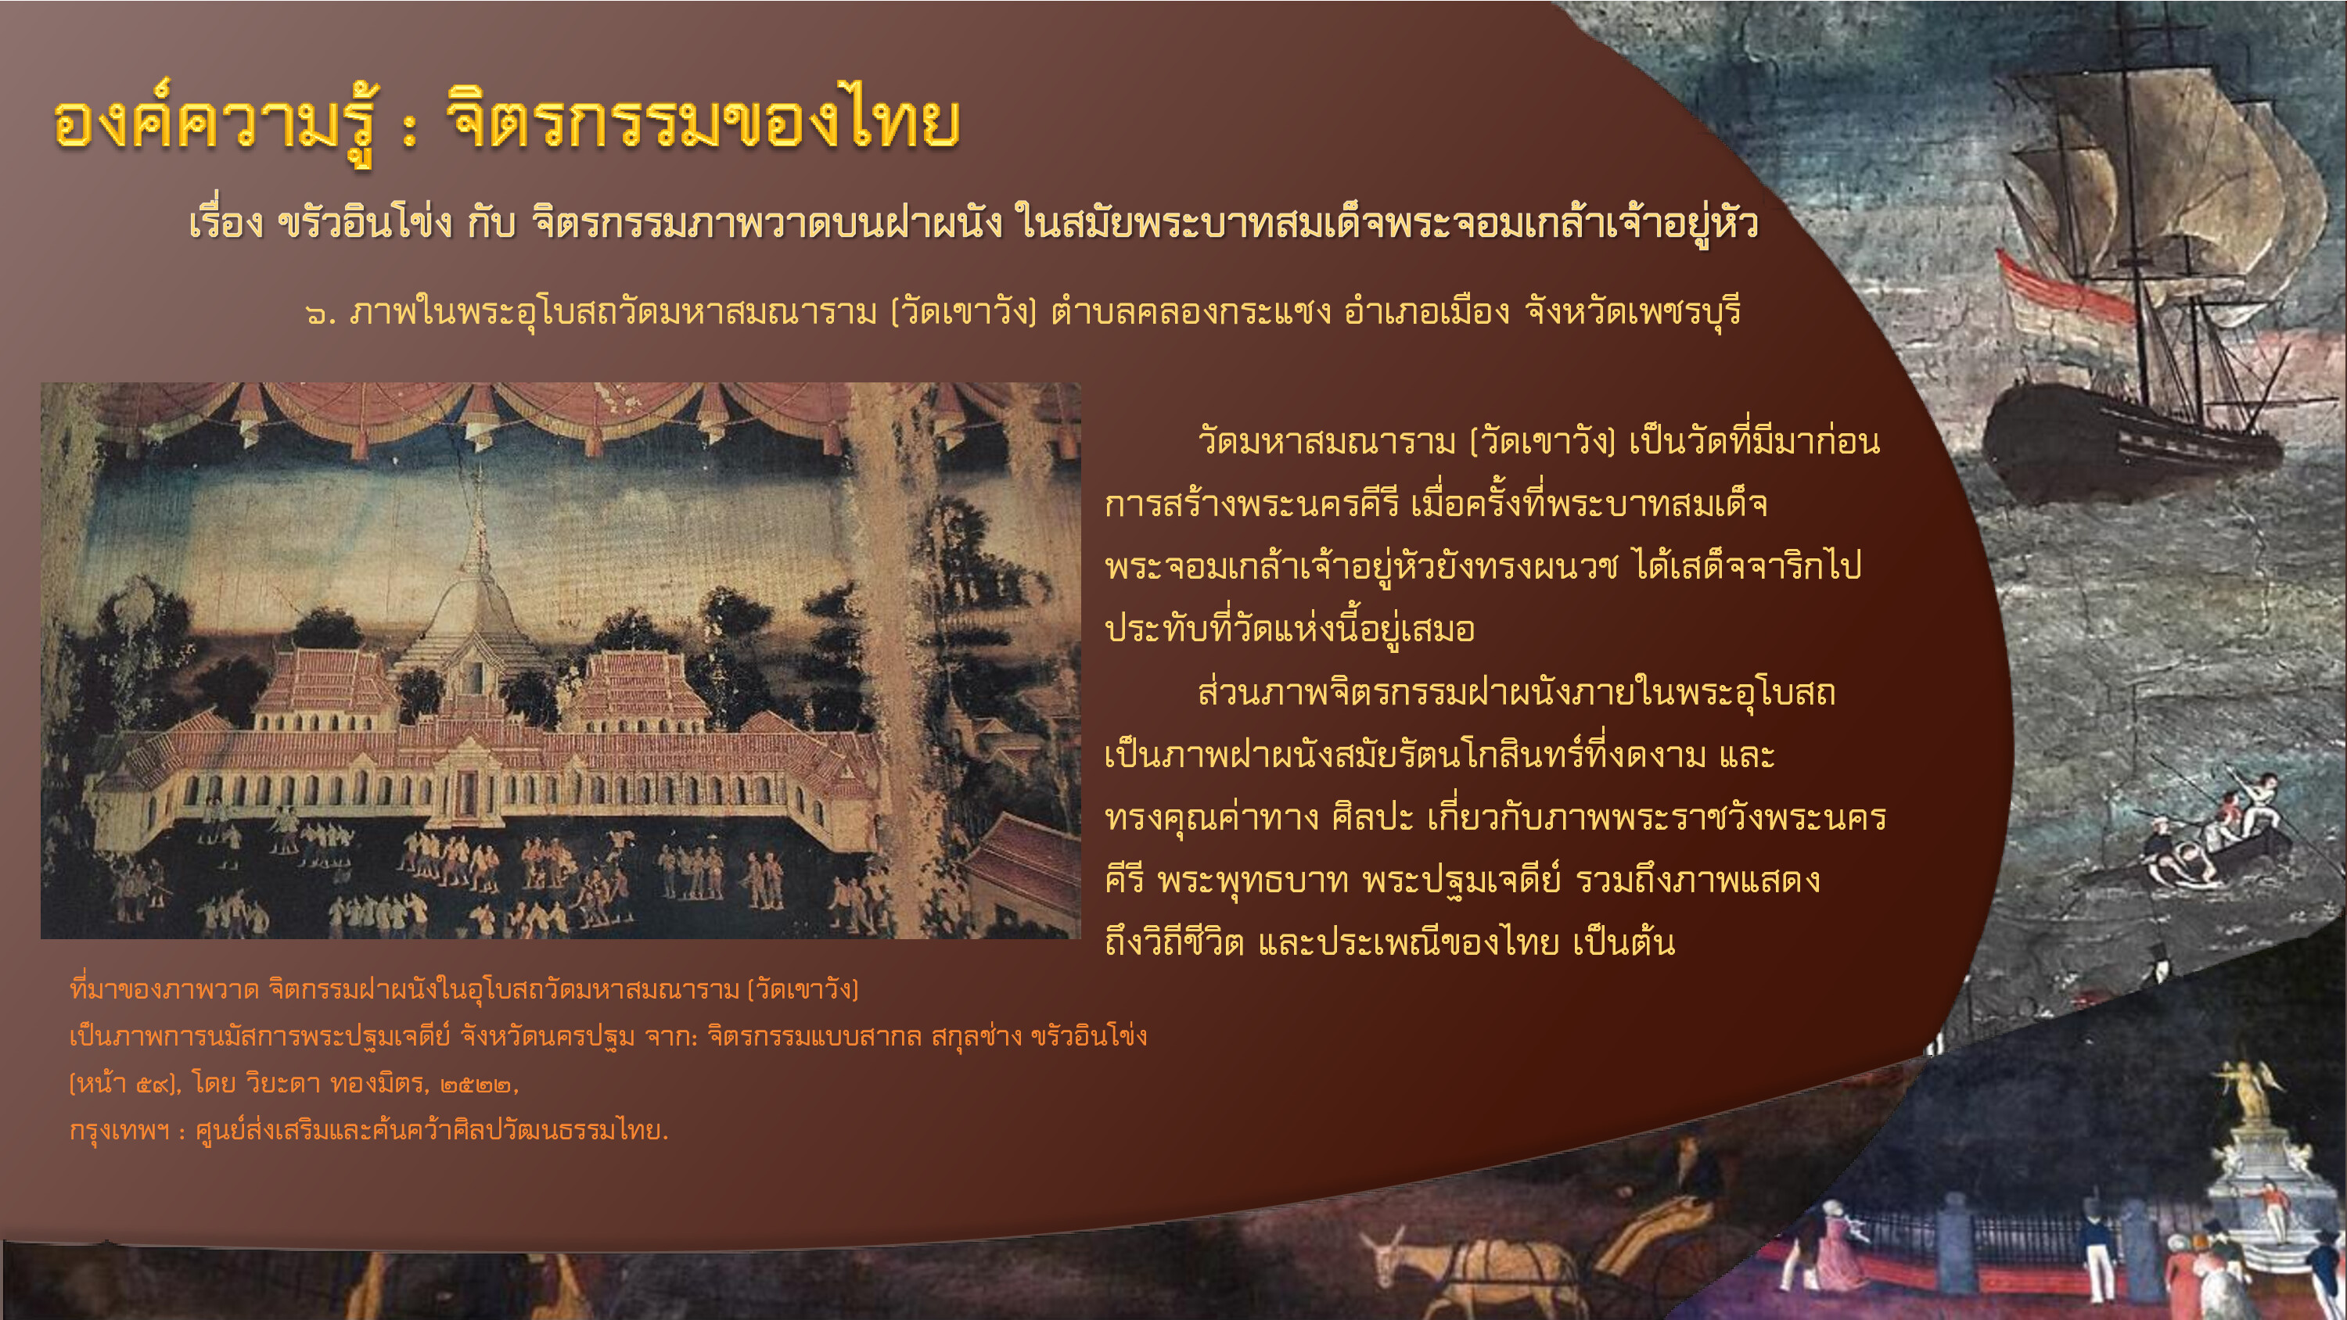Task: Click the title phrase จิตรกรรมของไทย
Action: tap(703, 120)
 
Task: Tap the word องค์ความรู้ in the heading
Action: tap(215, 124)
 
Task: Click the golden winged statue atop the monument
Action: tap(2251, 1089)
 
